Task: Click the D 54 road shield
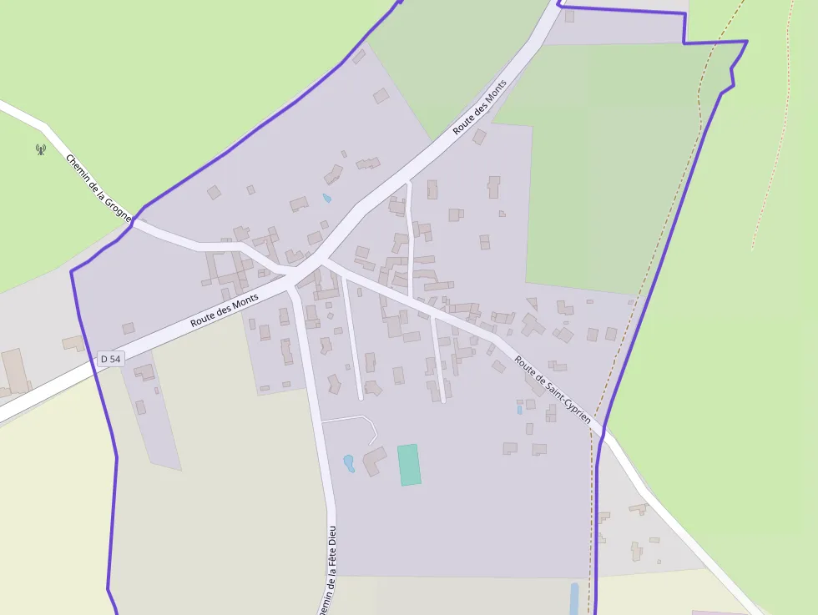pos(110,359)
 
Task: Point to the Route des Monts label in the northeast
pos(480,108)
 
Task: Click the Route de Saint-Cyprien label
pos(553,390)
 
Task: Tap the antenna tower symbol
pos(40,149)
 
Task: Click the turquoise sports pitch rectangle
pos(409,465)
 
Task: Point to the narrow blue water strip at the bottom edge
pos(574,599)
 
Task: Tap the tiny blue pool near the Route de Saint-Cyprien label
pos(519,409)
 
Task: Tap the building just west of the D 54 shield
pos(73,343)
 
